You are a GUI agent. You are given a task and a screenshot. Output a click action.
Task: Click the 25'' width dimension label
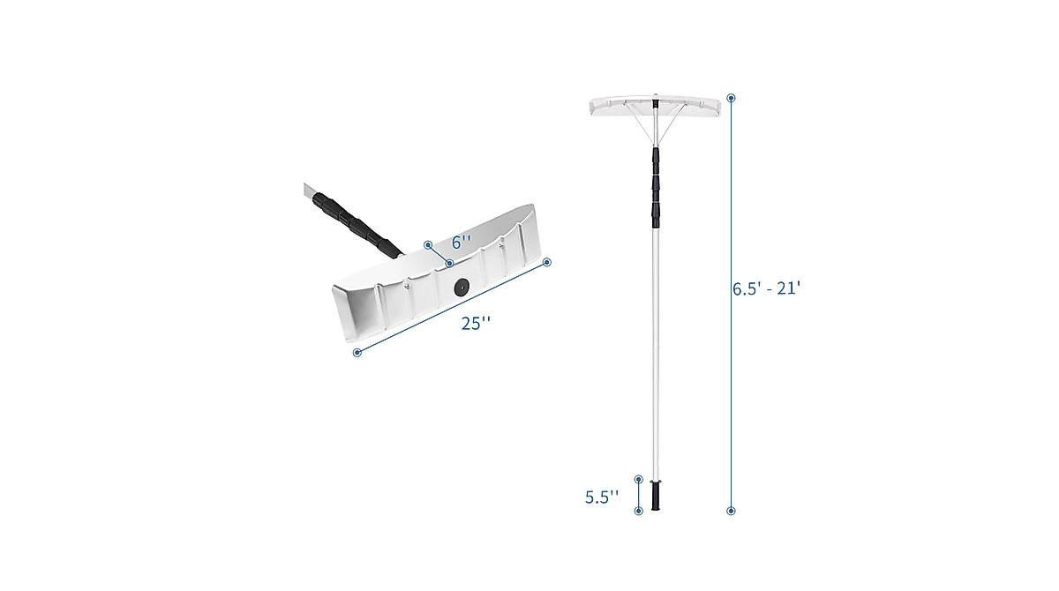(x=476, y=324)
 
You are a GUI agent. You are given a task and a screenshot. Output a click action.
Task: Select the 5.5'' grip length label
(x=602, y=497)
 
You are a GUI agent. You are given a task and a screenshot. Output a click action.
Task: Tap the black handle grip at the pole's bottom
(x=656, y=496)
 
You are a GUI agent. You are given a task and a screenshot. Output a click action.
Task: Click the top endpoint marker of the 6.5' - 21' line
(x=731, y=97)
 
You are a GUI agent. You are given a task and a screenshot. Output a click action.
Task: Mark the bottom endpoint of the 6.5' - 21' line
(x=731, y=511)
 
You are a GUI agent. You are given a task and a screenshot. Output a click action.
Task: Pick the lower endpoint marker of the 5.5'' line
(x=639, y=510)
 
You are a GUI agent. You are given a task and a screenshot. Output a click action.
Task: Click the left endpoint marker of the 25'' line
(x=357, y=353)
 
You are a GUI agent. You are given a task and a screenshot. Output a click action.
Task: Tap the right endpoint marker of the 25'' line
(x=547, y=262)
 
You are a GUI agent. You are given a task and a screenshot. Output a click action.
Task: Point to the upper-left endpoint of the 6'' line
(x=427, y=244)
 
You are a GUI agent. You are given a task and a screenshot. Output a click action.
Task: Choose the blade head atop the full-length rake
(x=656, y=107)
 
